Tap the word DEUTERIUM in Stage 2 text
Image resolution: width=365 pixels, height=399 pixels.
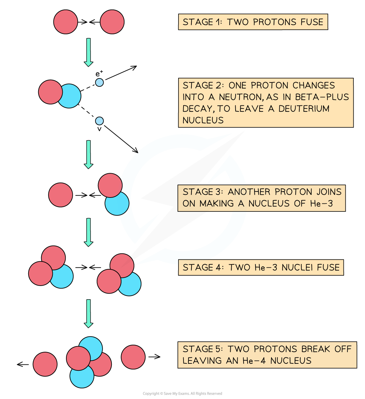tap(304, 108)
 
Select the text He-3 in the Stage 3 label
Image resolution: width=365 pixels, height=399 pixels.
tap(321, 203)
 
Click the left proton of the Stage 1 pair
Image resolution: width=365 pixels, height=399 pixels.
tap(66, 22)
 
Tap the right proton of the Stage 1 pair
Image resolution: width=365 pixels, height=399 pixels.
tap(112, 22)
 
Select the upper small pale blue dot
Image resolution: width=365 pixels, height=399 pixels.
tap(99, 82)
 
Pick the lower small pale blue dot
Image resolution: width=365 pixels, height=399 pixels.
tap(99, 121)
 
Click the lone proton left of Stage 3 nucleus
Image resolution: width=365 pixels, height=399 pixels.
tap(60, 195)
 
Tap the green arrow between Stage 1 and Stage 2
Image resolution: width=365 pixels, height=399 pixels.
tap(88, 52)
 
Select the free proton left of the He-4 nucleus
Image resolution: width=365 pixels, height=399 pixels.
tap(45, 364)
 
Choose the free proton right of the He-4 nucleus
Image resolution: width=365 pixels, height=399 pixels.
tap(133, 357)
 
